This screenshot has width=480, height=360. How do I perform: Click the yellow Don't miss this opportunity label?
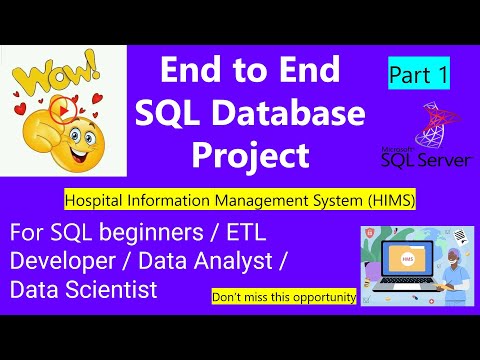pos(283,297)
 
